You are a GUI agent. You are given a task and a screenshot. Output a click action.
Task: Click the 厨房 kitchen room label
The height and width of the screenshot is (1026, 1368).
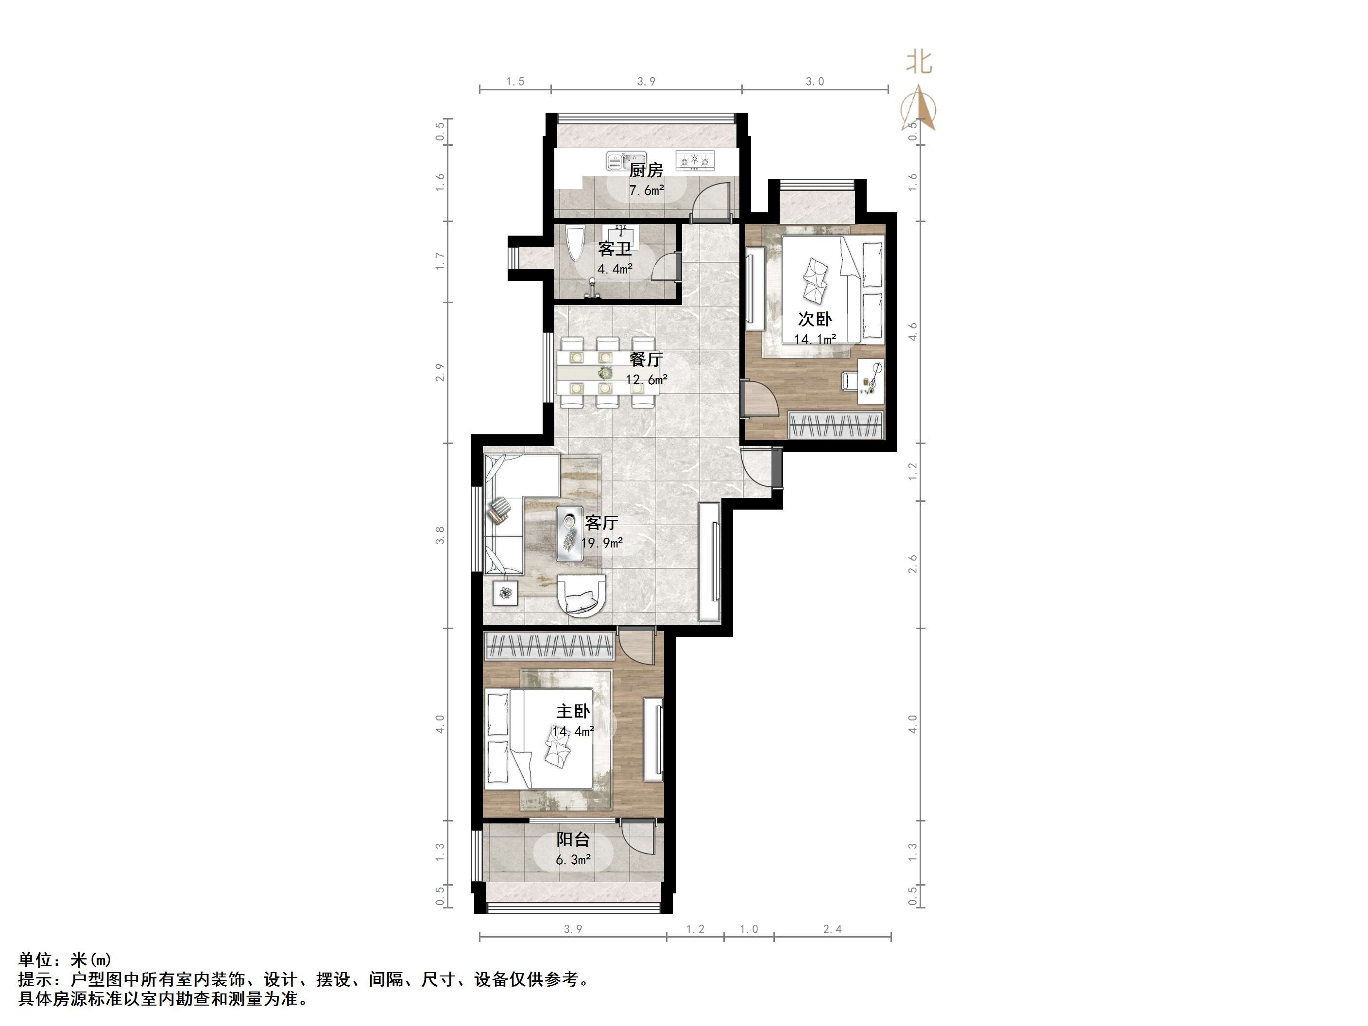pos(646,170)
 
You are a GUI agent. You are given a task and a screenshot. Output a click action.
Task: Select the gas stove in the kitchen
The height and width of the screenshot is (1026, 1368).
pos(695,161)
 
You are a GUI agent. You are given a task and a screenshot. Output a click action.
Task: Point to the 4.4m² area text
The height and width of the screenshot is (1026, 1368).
pos(614,269)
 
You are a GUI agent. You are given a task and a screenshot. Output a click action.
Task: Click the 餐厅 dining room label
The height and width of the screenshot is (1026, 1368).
pos(646,359)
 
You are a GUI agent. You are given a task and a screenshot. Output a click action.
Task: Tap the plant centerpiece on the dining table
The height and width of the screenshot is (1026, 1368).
pos(605,372)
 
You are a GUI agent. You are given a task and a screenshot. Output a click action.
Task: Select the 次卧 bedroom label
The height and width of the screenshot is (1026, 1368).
pos(815,319)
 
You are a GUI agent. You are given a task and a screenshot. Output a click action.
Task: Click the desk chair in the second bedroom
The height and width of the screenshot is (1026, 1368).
pos(849,381)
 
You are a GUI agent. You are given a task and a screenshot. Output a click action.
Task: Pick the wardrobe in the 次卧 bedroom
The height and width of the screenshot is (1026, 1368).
pos(836,425)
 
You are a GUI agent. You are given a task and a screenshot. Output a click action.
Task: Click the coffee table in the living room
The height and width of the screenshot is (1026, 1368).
pos(569,533)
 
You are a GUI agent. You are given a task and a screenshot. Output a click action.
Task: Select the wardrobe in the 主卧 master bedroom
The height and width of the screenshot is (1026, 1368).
pos(549,646)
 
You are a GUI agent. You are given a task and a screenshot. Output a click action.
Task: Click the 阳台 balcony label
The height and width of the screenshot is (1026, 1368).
pos(573,839)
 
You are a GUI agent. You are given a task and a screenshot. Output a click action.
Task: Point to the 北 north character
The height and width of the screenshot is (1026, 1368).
pos(919,62)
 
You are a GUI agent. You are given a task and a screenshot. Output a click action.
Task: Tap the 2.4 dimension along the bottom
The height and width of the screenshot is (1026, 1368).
pos(833,929)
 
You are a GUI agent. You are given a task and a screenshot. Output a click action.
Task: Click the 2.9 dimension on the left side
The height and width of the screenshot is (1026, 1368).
pos(440,372)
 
